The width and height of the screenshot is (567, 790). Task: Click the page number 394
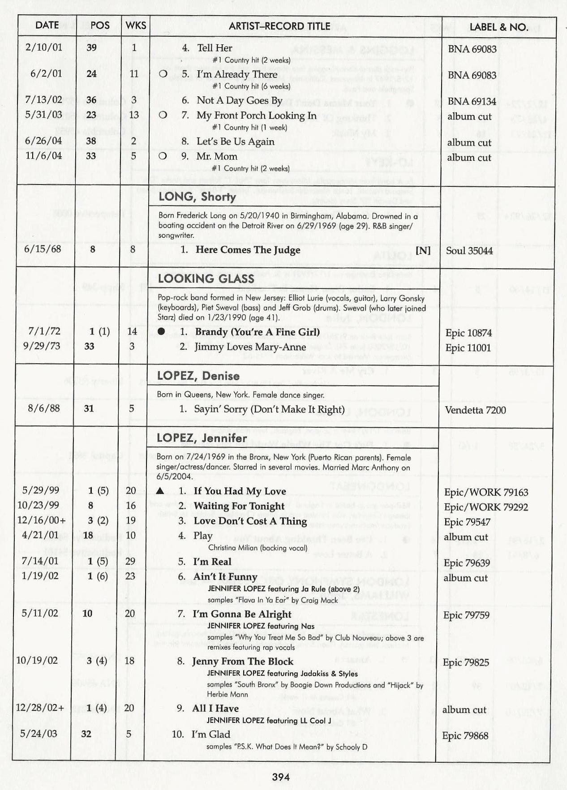click(281, 777)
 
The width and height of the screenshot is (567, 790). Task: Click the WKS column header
click(136, 26)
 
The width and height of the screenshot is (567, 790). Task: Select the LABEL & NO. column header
click(498, 27)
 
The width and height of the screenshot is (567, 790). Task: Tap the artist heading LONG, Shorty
click(197, 197)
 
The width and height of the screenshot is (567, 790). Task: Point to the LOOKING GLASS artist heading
click(206, 279)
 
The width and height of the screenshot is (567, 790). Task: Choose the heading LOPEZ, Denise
click(198, 376)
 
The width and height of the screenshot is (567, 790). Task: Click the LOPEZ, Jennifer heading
click(202, 438)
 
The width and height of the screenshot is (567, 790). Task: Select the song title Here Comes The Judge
click(248, 250)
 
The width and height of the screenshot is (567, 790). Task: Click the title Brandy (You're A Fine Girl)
click(257, 332)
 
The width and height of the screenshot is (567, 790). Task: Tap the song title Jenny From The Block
click(243, 661)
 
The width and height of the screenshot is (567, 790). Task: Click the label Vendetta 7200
click(475, 410)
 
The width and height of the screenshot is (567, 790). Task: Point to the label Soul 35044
click(469, 251)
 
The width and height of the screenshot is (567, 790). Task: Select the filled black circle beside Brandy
click(161, 331)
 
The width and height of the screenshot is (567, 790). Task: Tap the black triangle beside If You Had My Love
click(160, 491)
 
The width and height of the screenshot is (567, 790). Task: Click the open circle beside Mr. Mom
click(163, 156)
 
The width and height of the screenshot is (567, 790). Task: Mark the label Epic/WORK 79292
click(486, 507)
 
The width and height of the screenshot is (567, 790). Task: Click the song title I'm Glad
click(210, 734)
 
